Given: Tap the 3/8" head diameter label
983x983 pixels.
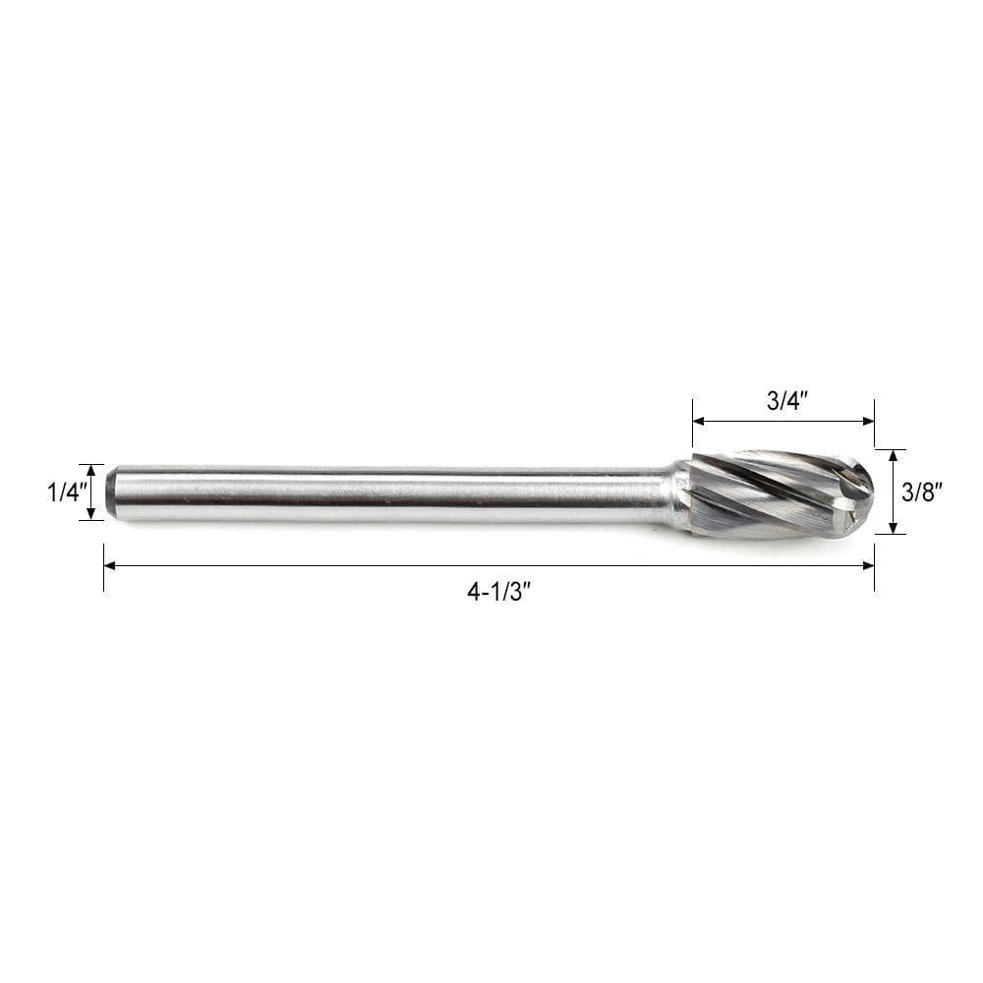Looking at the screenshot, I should point(925,492).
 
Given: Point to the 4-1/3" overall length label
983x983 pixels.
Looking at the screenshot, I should point(498,592).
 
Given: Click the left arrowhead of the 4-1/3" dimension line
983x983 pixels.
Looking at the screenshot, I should point(109,565).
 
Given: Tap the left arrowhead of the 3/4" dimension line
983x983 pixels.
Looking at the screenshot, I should point(698,421).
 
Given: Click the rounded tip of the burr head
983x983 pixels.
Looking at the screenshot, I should point(865,491).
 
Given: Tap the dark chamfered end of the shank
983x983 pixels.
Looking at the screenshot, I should point(111,492).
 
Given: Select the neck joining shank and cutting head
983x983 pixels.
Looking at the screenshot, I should point(679,494).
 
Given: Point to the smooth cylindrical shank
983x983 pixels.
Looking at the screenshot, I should point(393,492).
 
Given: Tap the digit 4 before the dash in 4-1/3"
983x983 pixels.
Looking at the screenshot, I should point(473,592).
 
